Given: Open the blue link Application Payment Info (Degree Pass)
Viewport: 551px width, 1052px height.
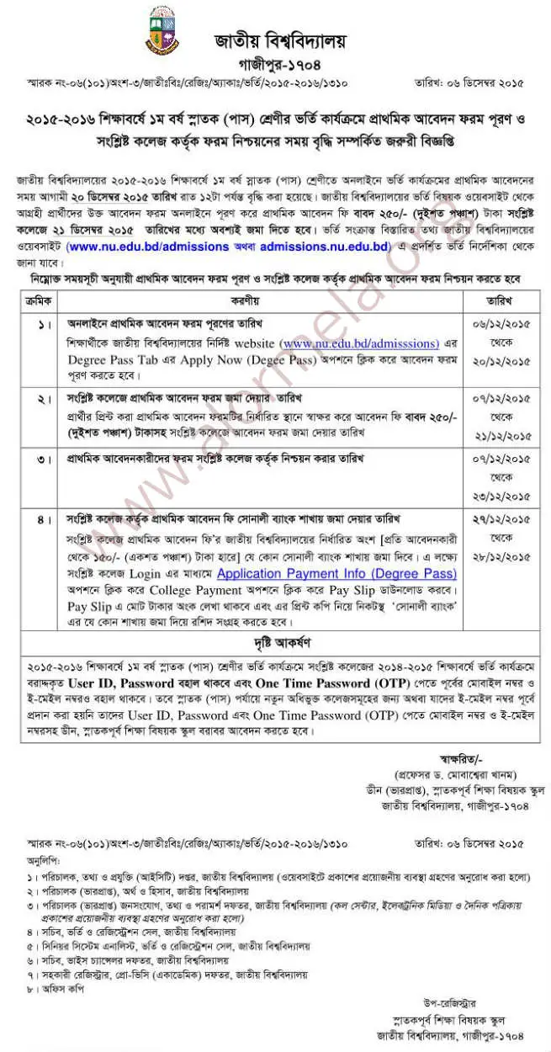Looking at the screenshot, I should [x=336, y=574].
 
